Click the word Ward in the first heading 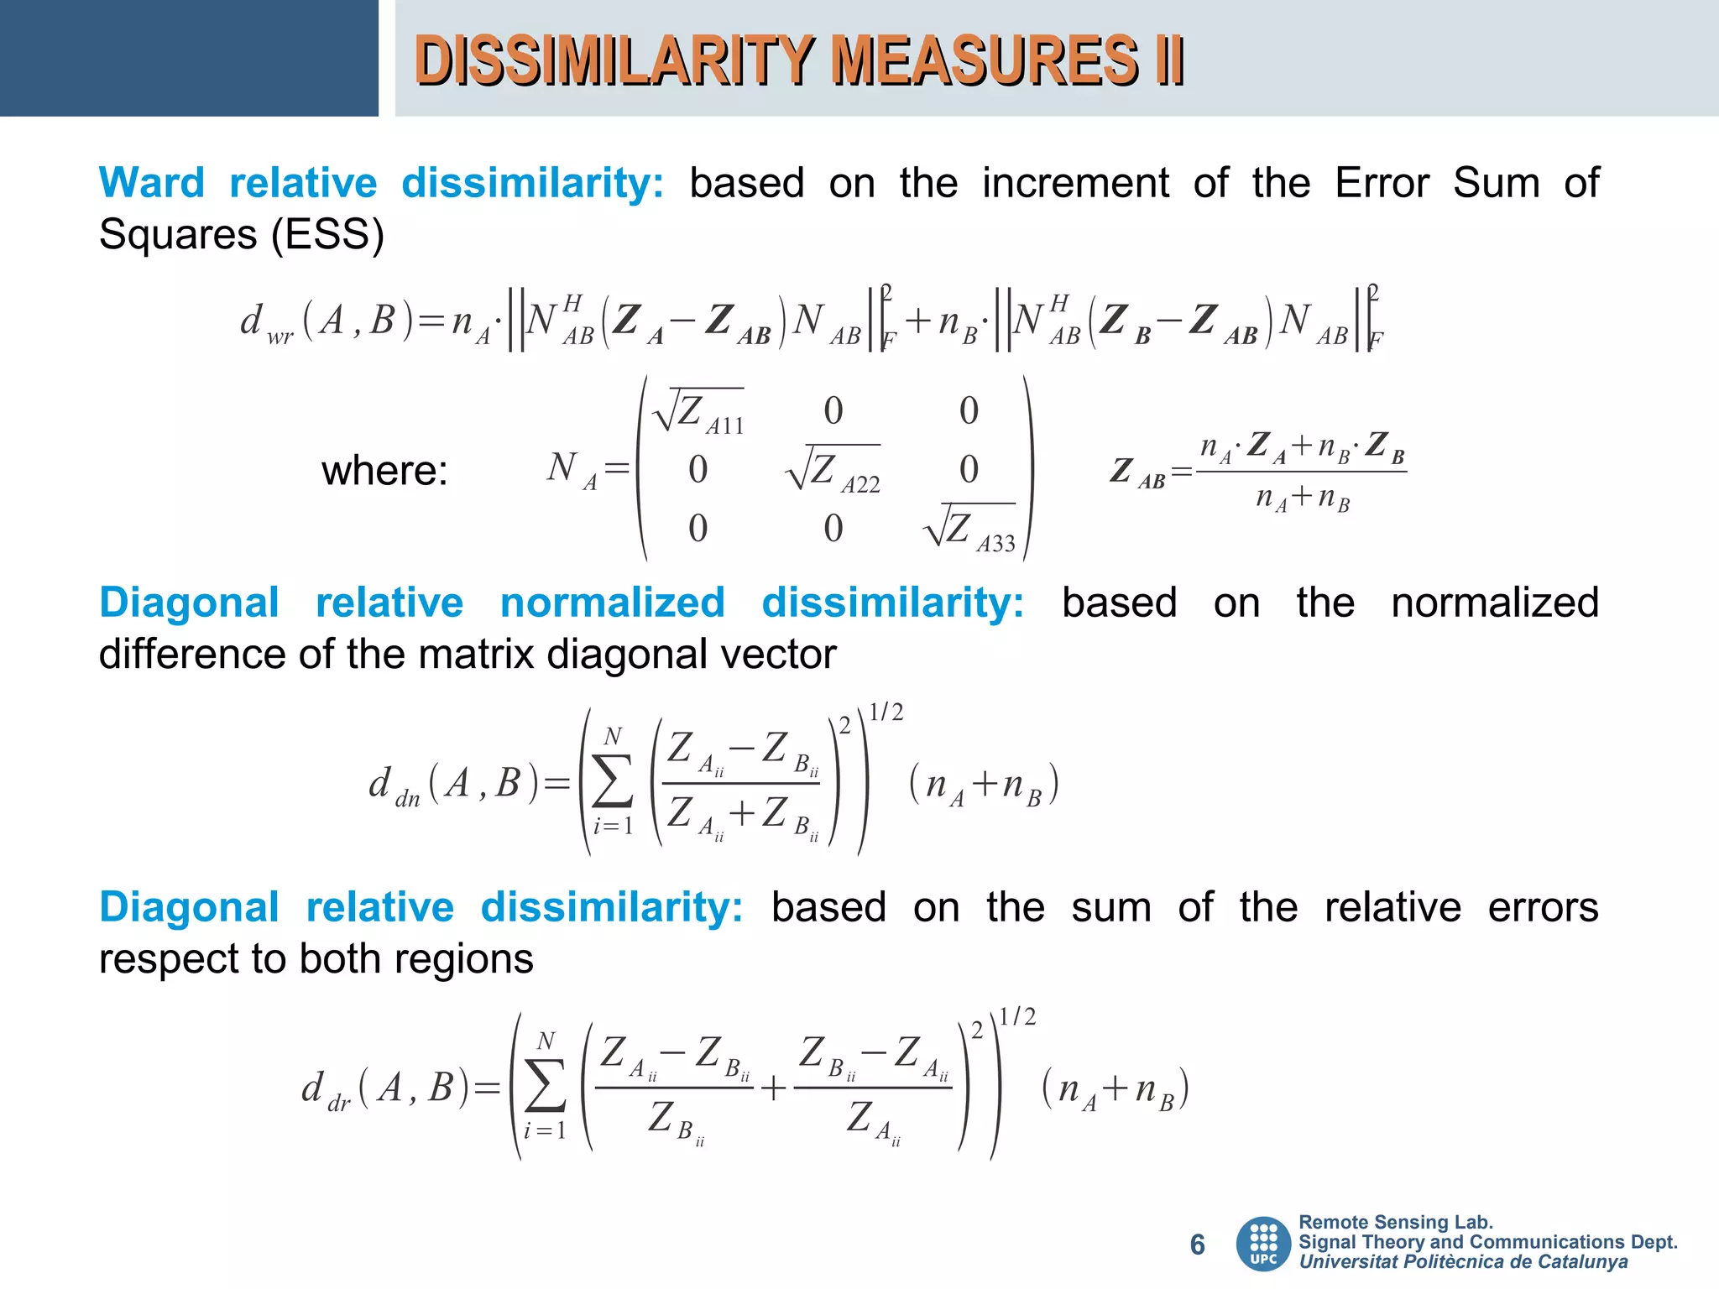coord(152,183)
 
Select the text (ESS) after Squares coord(327,234)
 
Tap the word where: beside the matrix coord(384,470)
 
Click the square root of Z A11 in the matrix coord(699,411)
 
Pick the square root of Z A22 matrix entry coord(833,469)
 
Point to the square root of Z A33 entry coord(969,528)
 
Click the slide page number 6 coord(1198,1245)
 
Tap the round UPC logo coord(1263,1244)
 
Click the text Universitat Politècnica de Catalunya coord(1463,1262)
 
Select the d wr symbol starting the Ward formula coord(265,323)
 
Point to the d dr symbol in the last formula coord(326,1090)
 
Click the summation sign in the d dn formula coord(613,782)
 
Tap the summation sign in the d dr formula coord(546,1088)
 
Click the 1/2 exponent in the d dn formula coord(886,712)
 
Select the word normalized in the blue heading coord(612,603)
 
